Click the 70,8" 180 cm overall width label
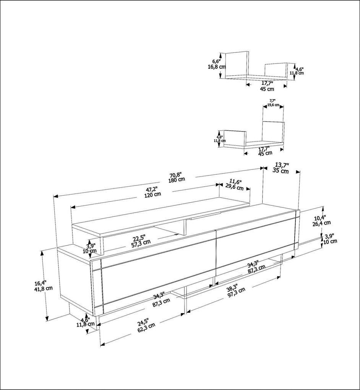coord(177,177)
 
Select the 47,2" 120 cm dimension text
coord(152,191)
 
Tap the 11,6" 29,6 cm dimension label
coord(235,184)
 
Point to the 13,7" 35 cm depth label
coord(281,168)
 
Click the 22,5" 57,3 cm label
coord(139,239)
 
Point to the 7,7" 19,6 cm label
coord(273,103)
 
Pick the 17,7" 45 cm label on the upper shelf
coord(267,86)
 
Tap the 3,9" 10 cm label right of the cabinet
coord(330,239)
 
